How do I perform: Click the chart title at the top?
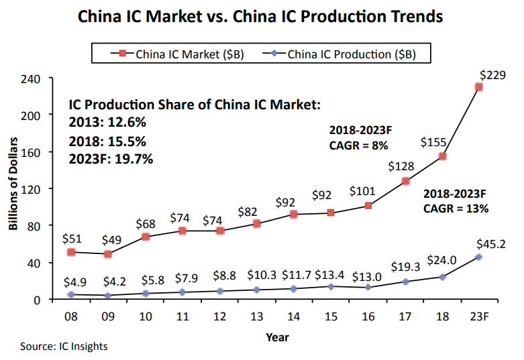pyautogui.click(x=261, y=15)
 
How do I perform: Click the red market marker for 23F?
pyautogui.click(x=479, y=87)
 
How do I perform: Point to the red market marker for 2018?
pyautogui.click(x=443, y=156)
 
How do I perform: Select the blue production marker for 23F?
pyautogui.click(x=479, y=257)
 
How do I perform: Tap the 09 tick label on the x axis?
pyautogui.click(x=108, y=316)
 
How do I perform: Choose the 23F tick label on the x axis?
pyautogui.click(x=478, y=316)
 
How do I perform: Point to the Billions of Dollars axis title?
pyautogui.click(x=13, y=189)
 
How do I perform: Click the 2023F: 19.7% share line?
pyautogui.click(x=111, y=159)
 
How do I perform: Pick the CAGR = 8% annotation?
pyautogui.click(x=359, y=144)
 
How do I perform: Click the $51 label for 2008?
pyautogui.click(x=71, y=237)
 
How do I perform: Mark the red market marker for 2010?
pyautogui.click(x=146, y=237)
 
